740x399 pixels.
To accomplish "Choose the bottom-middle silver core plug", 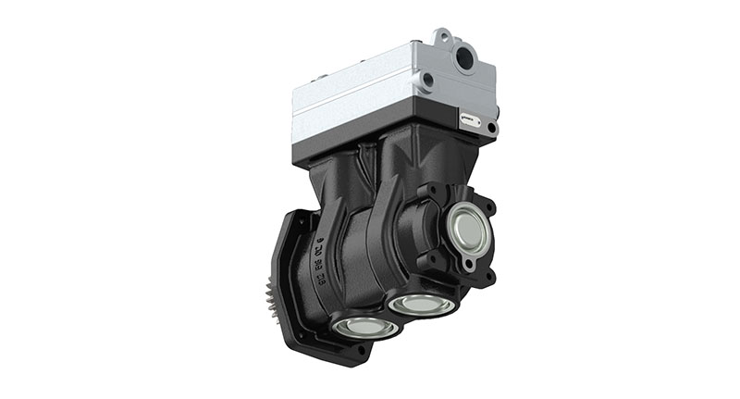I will (x=421, y=304).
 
